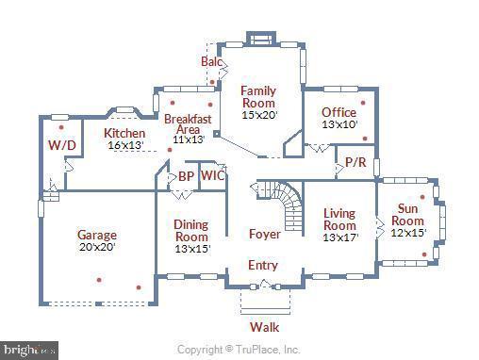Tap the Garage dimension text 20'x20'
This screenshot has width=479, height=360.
96,247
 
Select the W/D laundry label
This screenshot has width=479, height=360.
61,145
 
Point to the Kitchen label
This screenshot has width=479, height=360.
124,133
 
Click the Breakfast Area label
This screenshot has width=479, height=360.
188,126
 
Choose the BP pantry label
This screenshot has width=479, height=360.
186,175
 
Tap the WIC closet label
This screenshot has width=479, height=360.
213,175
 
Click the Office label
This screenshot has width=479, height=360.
339,112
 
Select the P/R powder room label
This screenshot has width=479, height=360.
355,162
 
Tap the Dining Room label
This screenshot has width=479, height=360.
191,231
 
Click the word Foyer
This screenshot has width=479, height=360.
264,234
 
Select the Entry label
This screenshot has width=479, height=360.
262,265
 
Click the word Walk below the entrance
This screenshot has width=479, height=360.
264,327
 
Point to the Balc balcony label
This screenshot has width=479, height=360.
211,61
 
